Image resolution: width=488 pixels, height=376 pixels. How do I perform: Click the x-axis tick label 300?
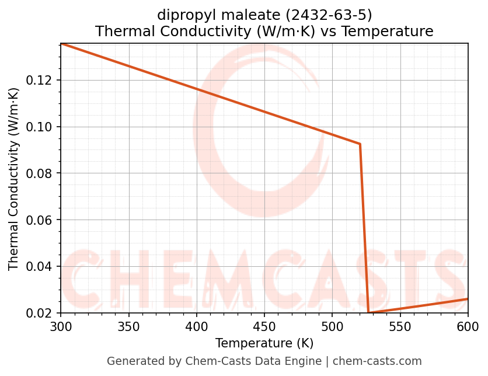point(61,326)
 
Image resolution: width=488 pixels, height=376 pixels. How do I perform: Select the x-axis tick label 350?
point(128,326)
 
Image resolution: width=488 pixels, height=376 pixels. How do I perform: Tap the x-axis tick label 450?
point(264,326)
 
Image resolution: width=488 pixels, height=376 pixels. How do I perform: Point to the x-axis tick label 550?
point(400,326)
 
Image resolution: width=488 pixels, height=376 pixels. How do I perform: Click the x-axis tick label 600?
point(468,326)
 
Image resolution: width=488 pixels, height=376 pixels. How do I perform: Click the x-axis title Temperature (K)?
point(264,343)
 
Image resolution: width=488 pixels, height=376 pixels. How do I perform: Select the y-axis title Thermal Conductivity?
point(14,179)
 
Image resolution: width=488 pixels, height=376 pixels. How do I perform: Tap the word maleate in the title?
point(242,15)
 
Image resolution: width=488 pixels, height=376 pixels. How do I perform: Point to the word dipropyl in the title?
point(184,15)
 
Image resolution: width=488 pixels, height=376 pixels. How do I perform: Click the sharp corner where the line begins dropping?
point(360,144)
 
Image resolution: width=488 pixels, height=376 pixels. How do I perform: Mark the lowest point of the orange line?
point(369,313)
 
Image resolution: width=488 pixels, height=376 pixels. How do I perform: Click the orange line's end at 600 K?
point(468,299)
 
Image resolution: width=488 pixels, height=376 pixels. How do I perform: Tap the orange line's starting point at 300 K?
point(61,43)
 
